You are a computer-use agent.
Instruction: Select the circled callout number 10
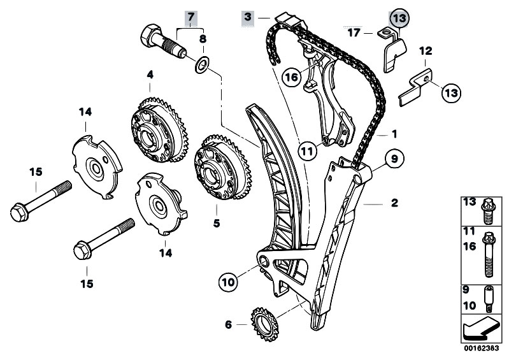[x=228, y=279]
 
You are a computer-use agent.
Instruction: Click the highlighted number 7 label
[x=190, y=15]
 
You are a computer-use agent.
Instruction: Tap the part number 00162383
[x=482, y=350]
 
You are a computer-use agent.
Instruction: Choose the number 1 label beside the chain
[x=394, y=134]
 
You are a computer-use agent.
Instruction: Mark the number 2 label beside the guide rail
[x=394, y=203]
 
